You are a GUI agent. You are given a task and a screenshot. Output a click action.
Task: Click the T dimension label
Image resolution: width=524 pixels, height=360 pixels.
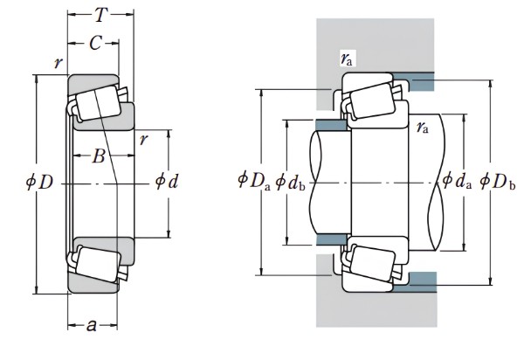pyautogui.click(x=101, y=15)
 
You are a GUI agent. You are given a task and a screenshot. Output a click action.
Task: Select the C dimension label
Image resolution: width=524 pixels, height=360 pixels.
pyautogui.click(x=95, y=43)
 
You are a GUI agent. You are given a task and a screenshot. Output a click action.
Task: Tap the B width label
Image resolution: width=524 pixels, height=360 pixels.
pyautogui.click(x=99, y=156)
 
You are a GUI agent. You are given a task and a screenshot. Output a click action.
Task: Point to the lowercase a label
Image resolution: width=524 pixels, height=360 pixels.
pyautogui.click(x=91, y=325)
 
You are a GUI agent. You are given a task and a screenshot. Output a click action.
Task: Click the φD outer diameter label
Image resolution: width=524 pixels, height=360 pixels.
pyautogui.click(x=39, y=183)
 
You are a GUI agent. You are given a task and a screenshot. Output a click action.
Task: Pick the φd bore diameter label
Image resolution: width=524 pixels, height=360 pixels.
pyautogui.click(x=167, y=182)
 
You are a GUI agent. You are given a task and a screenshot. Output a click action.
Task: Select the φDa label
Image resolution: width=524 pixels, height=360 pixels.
pyautogui.click(x=253, y=181)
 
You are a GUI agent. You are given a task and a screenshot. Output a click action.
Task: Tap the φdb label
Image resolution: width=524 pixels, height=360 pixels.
pyautogui.click(x=291, y=183)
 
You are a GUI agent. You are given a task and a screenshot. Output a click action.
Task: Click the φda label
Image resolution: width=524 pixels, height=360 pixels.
pyautogui.click(x=457, y=182)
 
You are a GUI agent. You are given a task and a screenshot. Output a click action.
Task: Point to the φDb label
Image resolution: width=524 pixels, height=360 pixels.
pyautogui.click(x=498, y=183)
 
